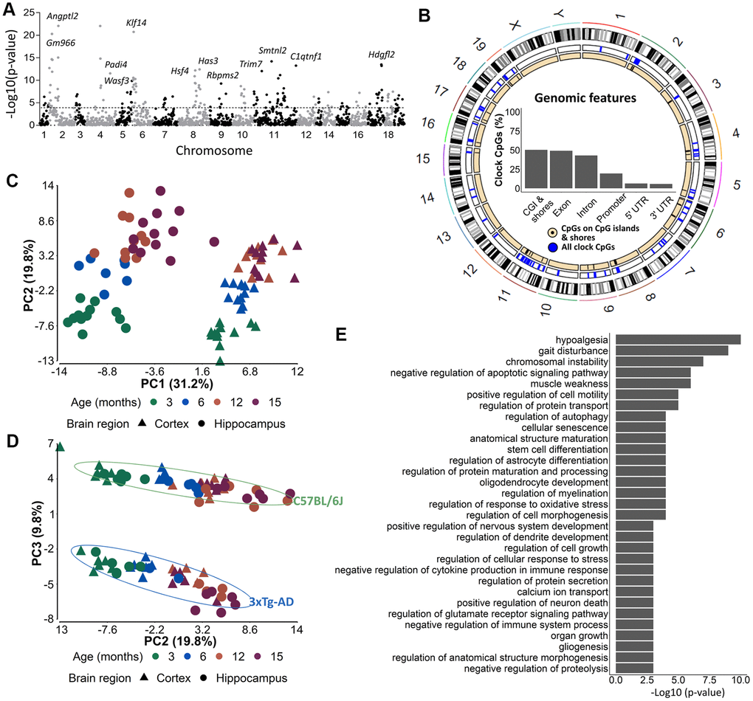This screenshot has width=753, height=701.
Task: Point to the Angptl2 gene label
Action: tap(63, 15)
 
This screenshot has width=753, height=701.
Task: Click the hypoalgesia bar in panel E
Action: tap(677, 339)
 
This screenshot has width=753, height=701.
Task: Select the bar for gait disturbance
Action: tap(671, 350)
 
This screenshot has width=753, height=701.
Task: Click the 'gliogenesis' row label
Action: tap(586, 646)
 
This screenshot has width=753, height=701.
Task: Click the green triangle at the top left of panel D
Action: tap(61, 446)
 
